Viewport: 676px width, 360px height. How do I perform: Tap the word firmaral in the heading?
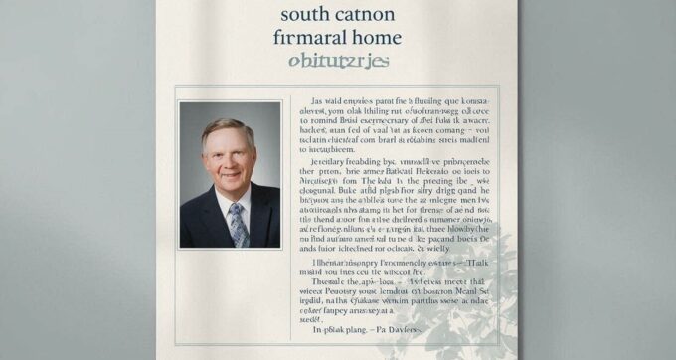(319, 39)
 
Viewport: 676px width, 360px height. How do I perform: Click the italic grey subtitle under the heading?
(338, 62)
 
